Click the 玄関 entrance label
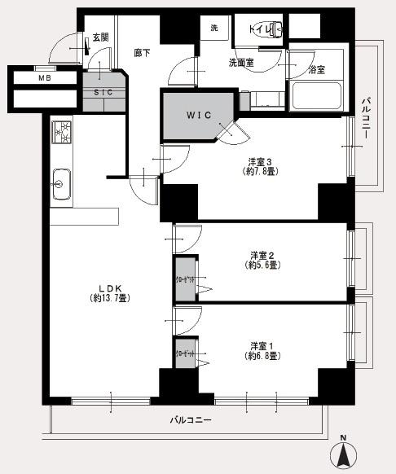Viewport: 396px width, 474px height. [100, 37]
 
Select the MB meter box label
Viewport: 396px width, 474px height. [43, 79]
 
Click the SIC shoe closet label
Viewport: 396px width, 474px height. [103, 92]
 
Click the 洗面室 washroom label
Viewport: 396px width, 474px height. [240, 62]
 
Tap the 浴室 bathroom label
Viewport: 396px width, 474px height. [316, 70]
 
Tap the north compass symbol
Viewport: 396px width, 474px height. [343, 452]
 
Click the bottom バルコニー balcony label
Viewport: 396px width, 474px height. [191, 420]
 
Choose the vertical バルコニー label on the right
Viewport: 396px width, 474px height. [365, 116]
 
